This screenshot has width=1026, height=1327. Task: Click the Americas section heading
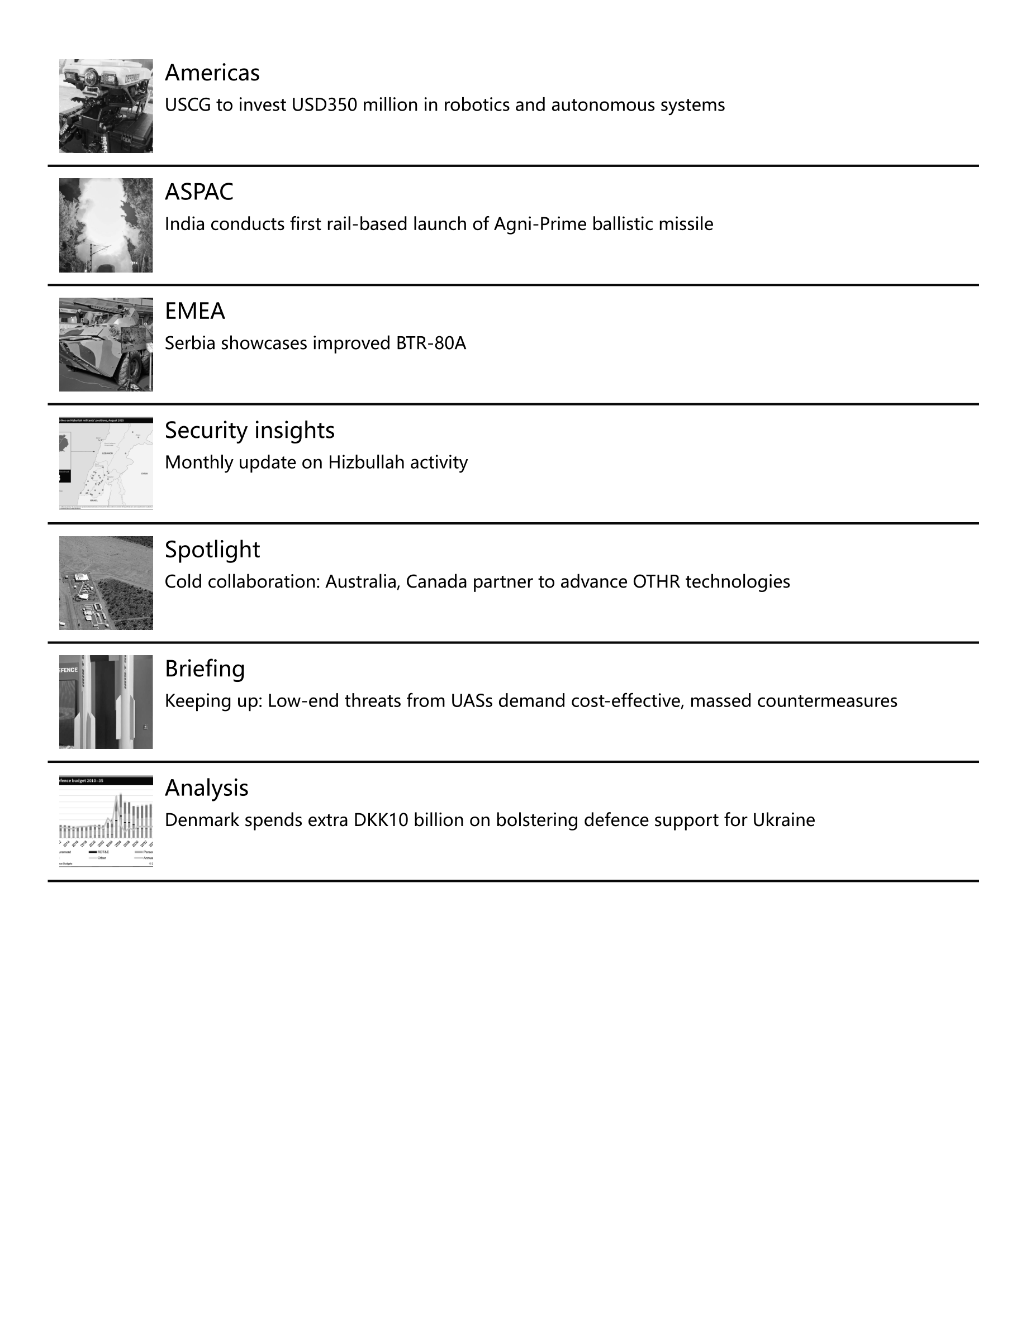pyautogui.click(x=212, y=73)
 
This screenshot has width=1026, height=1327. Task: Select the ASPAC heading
pyautogui.click(x=199, y=192)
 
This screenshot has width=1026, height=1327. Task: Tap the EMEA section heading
pyautogui.click(x=194, y=311)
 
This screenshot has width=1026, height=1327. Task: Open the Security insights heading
pyautogui.click(x=249, y=430)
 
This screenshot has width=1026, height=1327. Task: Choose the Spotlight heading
pyautogui.click(x=212, y=549)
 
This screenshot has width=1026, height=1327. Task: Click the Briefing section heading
pyautogui.click(x=205, y=669)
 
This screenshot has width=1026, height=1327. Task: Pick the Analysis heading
pyautogui.click(x=206, y=787)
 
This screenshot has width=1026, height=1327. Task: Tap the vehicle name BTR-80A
pyautogui.click(x=431, y=343)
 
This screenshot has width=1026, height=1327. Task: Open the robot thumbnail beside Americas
pyautogui.click(x=106, y=106)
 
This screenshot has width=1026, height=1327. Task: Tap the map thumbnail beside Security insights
pyautogui.click(x=106, y=463)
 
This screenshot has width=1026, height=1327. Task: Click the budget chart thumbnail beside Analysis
pyautogui.click(x=106, y=820)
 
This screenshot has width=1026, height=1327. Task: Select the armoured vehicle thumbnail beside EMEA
pyautogui.click(x=106, y=344)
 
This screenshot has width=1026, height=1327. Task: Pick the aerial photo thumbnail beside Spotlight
pyautogui.click(x=106, y=582)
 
